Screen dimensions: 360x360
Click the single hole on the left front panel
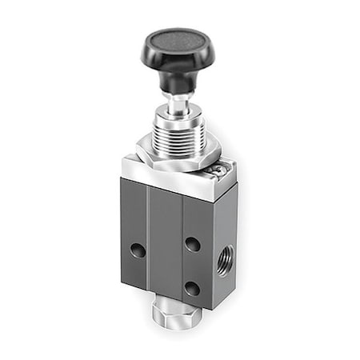coord(139,251)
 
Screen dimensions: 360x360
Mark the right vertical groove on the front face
coord(183,248)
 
